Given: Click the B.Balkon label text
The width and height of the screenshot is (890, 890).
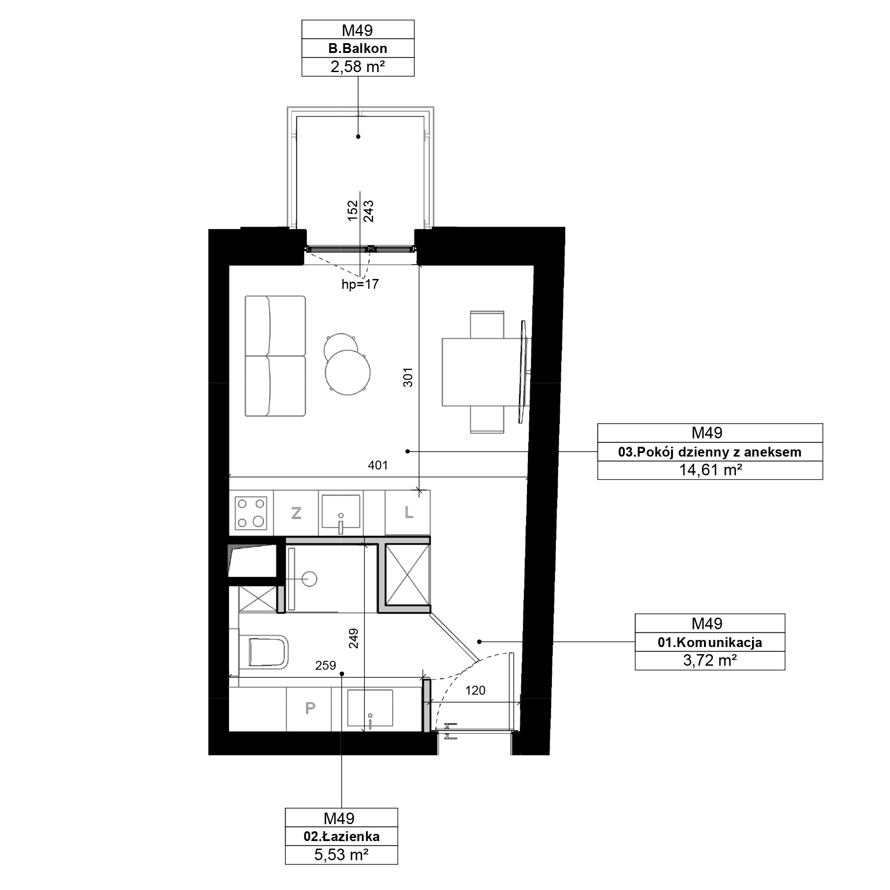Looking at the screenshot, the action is click(x=357, y=49).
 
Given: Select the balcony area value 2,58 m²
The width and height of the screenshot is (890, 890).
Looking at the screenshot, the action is click(x=357, y=67).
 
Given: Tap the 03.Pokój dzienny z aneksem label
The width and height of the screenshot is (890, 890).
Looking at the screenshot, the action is click(x=710, y=452).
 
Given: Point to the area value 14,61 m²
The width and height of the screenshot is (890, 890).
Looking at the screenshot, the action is click(x=710, y=470).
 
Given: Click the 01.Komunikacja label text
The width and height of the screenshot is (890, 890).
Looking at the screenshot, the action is click(x=710, y=642).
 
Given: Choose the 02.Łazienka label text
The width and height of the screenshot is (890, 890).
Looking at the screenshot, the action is click(x=341, y=836).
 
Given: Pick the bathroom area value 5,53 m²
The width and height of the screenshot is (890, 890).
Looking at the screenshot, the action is click(x=341, y=854).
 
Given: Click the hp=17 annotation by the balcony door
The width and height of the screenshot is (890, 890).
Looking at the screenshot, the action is click(x=360, y=284).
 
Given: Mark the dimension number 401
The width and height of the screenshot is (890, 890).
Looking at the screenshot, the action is click(x=378, y=465).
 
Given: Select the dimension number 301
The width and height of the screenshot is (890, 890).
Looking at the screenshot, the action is click(x=408, y=377).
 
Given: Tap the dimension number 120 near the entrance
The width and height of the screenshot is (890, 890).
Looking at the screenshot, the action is click(x=475, y=690).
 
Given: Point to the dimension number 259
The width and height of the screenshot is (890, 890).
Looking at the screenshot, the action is click(x=325, y=665).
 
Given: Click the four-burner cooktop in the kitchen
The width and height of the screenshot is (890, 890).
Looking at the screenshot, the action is click(x=251, y=513).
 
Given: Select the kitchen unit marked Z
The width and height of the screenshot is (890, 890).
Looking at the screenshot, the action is click(x=296, y=513).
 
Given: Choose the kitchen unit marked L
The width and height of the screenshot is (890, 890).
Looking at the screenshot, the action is click(x=408, y=512).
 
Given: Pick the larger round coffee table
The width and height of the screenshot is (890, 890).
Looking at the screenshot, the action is click(x=348, y=372).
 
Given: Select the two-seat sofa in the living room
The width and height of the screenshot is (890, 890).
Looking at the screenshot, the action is click(x=275, y=356).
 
